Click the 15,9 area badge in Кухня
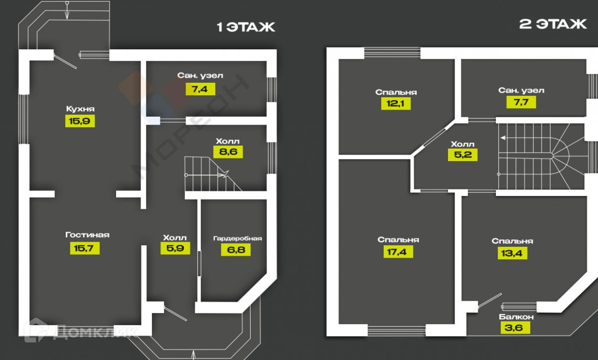[80, 121]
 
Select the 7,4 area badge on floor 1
[200, 89]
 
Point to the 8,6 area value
[228, 152]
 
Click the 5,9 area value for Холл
[175, 248]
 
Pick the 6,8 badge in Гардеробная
[236, 249]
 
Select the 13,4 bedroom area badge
[512, 252]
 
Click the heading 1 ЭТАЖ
[246, 27]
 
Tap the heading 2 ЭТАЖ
[553, 25]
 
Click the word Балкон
[516, 317]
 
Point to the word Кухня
[80, 109]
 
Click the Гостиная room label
[87, 235]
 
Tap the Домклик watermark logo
[80, 332]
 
